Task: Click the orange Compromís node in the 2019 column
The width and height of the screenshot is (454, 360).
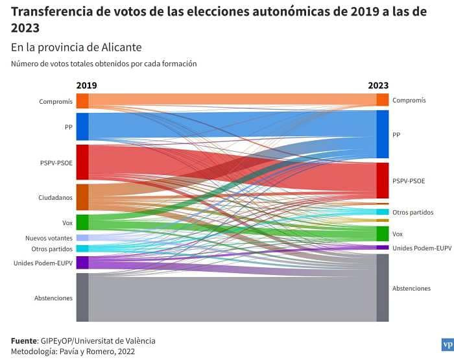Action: pos(82,101)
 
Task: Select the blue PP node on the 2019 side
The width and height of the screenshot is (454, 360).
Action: pos(82,126)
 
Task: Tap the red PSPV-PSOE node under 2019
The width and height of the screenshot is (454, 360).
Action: pos(82,162)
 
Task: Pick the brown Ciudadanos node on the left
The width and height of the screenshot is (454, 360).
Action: pos(82,197)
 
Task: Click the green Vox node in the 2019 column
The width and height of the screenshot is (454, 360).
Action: pos(82,222)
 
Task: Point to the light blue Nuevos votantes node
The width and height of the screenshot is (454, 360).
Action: pos(82,238)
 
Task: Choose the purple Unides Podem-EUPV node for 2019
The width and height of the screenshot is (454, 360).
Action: pos(82,263)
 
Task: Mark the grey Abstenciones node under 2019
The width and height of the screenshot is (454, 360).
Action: pos(82,297)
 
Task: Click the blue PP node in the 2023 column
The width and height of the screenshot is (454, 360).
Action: pos(383,134)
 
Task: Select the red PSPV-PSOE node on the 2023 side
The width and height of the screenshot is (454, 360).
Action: pos(383,180)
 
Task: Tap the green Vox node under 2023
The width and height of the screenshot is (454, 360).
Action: pos(383,234)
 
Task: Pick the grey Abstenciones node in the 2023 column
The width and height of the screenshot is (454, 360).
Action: pos(383,287)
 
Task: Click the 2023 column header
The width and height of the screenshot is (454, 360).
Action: pos(378,85)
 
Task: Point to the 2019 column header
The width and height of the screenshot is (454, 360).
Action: pos(86,85)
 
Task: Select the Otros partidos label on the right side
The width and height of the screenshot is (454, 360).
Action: pos(412,212)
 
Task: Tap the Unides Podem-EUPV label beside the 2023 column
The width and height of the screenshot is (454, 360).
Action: pos(422,248)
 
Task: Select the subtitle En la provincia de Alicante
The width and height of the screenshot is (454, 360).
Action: pos(76,48)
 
